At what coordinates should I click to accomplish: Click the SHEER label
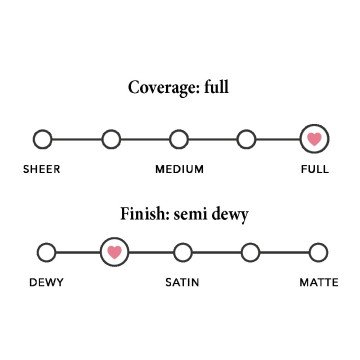42,169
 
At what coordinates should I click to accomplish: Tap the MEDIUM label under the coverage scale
179,169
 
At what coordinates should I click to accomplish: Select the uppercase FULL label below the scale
315,169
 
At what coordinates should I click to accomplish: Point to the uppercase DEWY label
47,282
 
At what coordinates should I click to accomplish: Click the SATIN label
183,282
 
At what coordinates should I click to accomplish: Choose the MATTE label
319,282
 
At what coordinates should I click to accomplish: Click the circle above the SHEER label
42,139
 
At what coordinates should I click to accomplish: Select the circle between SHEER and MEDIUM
111,139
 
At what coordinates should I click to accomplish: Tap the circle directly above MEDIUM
179,139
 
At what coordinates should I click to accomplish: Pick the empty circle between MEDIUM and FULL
247,139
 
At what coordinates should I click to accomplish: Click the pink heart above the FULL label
314,139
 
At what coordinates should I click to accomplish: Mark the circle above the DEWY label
46,252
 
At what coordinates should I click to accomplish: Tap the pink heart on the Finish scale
115,252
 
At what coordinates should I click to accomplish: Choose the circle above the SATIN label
183,252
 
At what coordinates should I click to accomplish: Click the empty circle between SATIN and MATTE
251,252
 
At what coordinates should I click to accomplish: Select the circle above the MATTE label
318,252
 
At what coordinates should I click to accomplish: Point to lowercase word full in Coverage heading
216,87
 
